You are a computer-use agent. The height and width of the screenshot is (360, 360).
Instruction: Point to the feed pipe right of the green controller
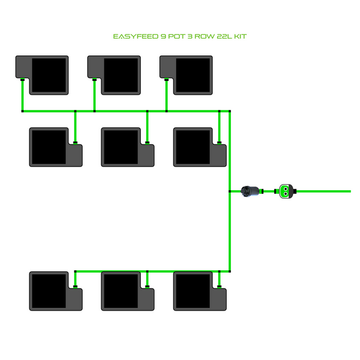324,191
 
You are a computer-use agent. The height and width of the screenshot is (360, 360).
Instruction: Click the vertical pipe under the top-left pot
23,96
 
